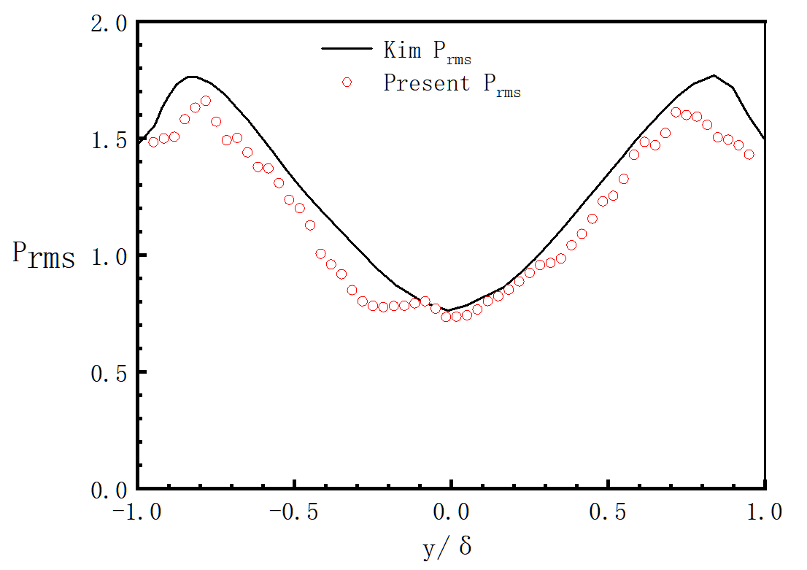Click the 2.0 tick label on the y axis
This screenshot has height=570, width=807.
tap(109, 24)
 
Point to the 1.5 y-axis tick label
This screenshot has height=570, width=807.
tap(109, 140)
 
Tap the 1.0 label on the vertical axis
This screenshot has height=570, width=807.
tap(109, 256)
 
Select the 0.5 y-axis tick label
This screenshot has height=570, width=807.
tap(109, 372)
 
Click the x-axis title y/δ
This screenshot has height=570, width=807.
tap(448, 547)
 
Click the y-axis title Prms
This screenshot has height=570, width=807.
tap(44, 255)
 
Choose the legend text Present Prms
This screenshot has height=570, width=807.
tap(452, 84)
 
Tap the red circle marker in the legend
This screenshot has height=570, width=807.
tap(347, 82)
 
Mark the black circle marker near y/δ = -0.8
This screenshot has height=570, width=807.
tap(195, 108)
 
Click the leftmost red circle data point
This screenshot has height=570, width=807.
tap(153, 142)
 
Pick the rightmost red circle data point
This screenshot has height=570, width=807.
tap(749, 154)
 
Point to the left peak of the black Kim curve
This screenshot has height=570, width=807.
tap(191, 76)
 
